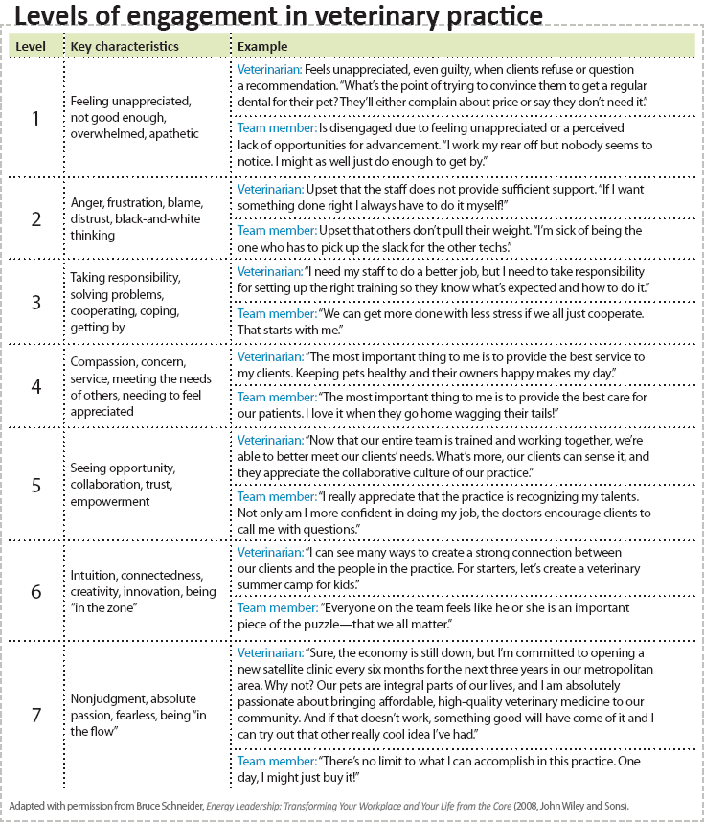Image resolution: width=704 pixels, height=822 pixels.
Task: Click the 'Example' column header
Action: coord(262,46)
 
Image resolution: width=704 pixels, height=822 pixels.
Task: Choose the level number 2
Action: coord(36,218)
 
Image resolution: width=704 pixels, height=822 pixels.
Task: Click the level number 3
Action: coord(36,302)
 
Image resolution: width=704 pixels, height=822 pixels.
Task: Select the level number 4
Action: coord(36,386)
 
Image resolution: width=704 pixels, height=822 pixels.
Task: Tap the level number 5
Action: coord(36,484)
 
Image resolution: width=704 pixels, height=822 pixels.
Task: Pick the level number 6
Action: coord(36,591)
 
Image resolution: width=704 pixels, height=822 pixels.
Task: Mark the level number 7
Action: coord(36,714)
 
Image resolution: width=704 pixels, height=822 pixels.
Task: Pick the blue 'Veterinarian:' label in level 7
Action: coord(270,652)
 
